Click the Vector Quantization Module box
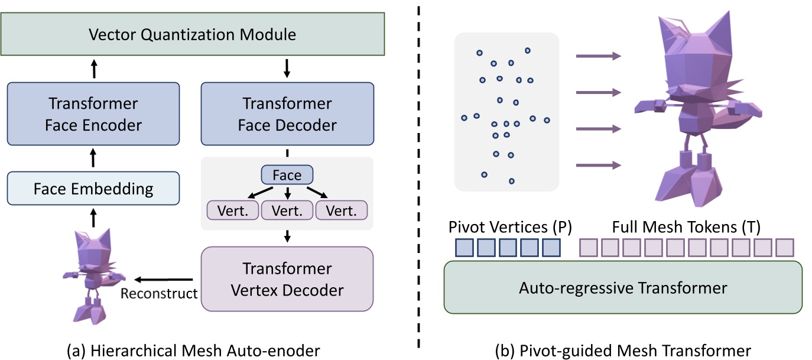click(x=192, y=34)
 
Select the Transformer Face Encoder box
click(x=93, y=114)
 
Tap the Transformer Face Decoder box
click(x=287, y=114)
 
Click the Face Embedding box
click(x=93, y=189)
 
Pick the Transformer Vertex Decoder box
click(x=287, y=279)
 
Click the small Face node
click(x=287, y=175)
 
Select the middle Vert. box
click(x=287, y=210)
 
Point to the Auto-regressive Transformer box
click(x=623, y=288)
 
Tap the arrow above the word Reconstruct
click(x=164, y=279)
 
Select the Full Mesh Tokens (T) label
click(x=686, y=227)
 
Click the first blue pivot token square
click(x=464, y=247)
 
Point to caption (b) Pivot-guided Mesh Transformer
click(x=623, y=350)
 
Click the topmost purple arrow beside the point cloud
click(x=598, y=56)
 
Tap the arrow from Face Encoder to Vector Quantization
click(x=93, y=69)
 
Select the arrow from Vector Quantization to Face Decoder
click(x=287, y=69)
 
